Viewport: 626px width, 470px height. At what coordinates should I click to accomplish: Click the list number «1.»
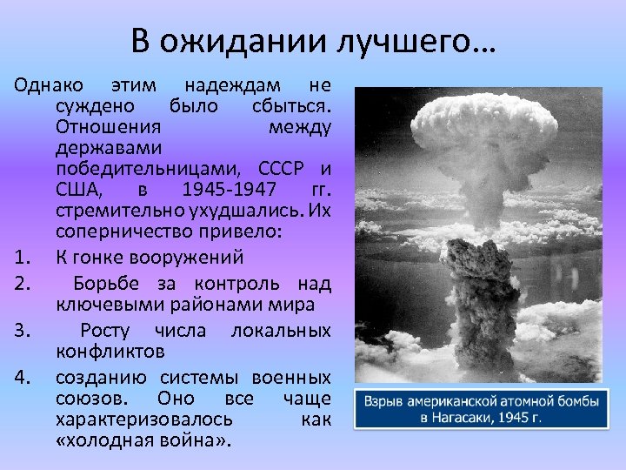click(24, 258)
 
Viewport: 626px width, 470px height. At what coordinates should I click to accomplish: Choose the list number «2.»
click(24, 285)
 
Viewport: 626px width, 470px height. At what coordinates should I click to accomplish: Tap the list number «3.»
click(24, 331)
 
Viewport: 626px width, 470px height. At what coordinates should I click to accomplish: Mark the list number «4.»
click(24, 377)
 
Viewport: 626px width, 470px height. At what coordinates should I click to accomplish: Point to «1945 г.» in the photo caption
click(516, 418)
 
